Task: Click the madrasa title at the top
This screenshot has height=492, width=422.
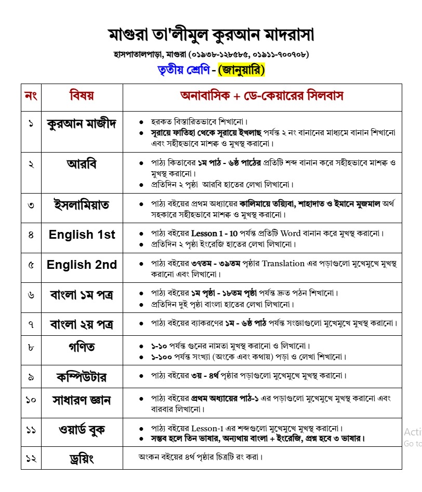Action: [x=211, y=35]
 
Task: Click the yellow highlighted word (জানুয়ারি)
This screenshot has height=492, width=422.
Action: [x=242, y=70]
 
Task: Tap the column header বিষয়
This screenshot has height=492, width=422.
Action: [x=82, y=96]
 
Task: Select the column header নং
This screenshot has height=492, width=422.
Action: [x=31, y=96]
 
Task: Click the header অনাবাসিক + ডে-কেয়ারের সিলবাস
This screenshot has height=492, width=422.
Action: [x=261, y=96]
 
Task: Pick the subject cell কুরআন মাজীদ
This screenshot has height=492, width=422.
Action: [x=82, y=124]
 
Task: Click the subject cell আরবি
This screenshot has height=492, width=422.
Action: [x=82, y=163]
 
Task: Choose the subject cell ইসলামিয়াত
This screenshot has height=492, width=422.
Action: [x=82, y=204]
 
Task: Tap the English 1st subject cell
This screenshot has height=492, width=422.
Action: [x=82, y=235]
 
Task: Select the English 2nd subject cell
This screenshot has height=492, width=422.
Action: [x=82, y=265]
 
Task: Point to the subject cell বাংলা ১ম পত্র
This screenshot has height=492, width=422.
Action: [x=82, y=295]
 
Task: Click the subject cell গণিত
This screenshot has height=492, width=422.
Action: [x=82, y=346]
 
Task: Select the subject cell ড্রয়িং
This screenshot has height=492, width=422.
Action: [x=82, y=459]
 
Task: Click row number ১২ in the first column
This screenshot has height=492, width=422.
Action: [x=31, y=459]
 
